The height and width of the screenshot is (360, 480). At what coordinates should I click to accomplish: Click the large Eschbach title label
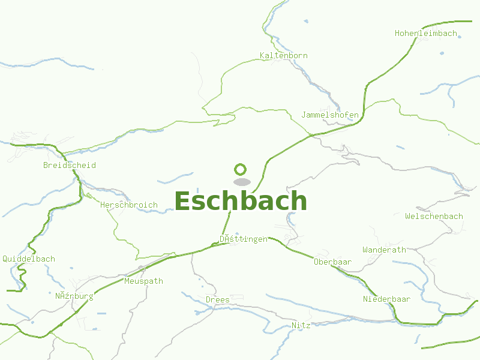tap(241, 201)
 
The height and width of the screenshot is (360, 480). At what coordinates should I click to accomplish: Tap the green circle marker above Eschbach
tap(241, 169)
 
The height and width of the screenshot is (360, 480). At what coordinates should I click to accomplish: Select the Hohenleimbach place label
tap(426, 34)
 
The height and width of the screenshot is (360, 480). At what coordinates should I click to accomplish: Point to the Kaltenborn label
tap(284, 56)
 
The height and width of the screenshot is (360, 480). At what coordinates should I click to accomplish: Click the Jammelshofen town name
tap(330, 115)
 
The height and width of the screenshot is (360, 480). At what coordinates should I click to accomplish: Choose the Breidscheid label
tap(70, 166)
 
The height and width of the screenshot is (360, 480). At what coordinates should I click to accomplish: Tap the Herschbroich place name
tap(129, 205)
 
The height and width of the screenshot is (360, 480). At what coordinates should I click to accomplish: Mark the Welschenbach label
tap(434, 217)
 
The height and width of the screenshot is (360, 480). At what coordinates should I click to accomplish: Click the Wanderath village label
tap(384, 250)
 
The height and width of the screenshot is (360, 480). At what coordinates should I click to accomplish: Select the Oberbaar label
tap(332, 262)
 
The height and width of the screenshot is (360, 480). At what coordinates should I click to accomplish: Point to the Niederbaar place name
tap(386, 299)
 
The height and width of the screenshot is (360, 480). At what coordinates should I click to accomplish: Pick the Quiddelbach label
tap(29, 259)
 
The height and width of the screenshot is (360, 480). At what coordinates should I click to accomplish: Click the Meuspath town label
tap(143, 281)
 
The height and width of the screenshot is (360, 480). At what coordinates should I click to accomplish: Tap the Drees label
tap(217, 299)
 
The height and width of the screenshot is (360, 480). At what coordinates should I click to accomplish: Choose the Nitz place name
tap(301, 325)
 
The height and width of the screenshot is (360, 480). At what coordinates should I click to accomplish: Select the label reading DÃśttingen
tap(244, 239)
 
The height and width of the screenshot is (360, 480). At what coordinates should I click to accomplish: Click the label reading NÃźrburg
tap(74, 296)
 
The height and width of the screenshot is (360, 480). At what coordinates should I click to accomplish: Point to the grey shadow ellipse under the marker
tap(241, 182)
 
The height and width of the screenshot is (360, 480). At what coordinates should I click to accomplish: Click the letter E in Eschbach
tap(184, 201)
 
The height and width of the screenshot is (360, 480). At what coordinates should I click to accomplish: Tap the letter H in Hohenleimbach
tap(397, 34)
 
